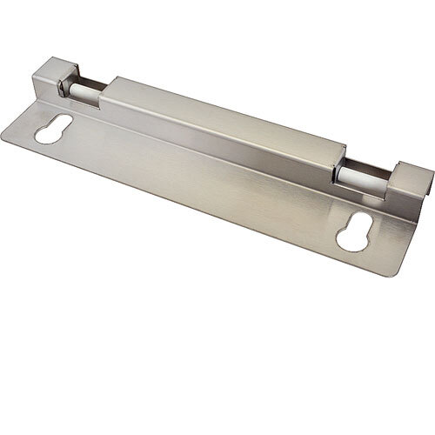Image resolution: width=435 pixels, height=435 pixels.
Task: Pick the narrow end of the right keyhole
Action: point(360,231)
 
